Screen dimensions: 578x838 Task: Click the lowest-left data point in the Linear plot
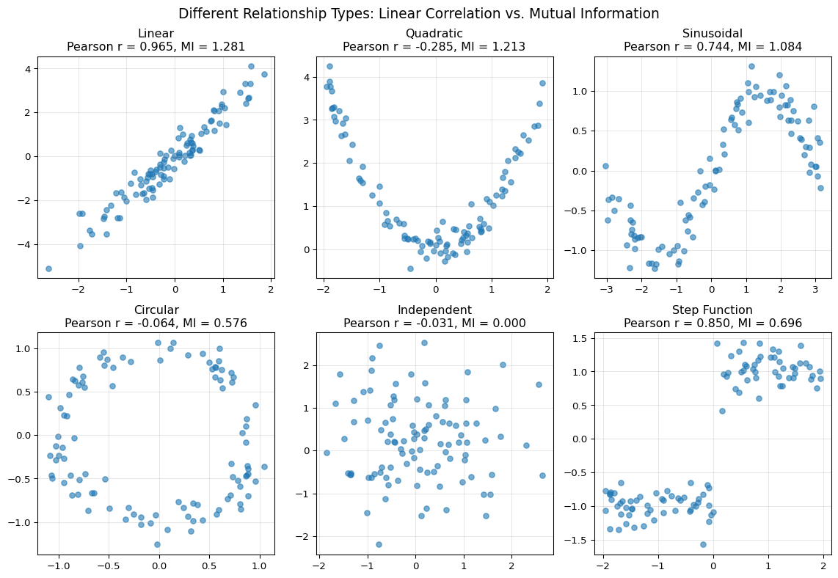pyautogui.click(x=48, y=268)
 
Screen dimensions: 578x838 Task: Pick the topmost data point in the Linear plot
pyautogui.click(x=251, y=66)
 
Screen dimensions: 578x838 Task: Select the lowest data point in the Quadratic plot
pyautogui.click(x=410, y=268)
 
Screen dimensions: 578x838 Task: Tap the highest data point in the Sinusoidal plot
pyautogui.click(x=751, y=66)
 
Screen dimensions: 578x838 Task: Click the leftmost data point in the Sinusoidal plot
pyautogui.click(x=605, y=166)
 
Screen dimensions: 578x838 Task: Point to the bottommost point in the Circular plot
pyautogui.click(x=157, y=544)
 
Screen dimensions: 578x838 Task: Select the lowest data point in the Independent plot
pyautogui.click(x=379, y=544)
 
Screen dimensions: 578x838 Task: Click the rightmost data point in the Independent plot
pyautogui.click(x=542, y=475)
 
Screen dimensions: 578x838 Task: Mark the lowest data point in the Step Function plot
pyautogui.click(x=703, y=544)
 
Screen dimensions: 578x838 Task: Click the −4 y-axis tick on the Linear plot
pyautogui.click(x=26, y=244)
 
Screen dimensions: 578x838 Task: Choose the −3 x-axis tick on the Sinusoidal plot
pyautogui.click(x=606, y=290)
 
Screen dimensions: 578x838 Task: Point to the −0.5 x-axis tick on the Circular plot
pyautogui.click(x=107, y=566)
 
